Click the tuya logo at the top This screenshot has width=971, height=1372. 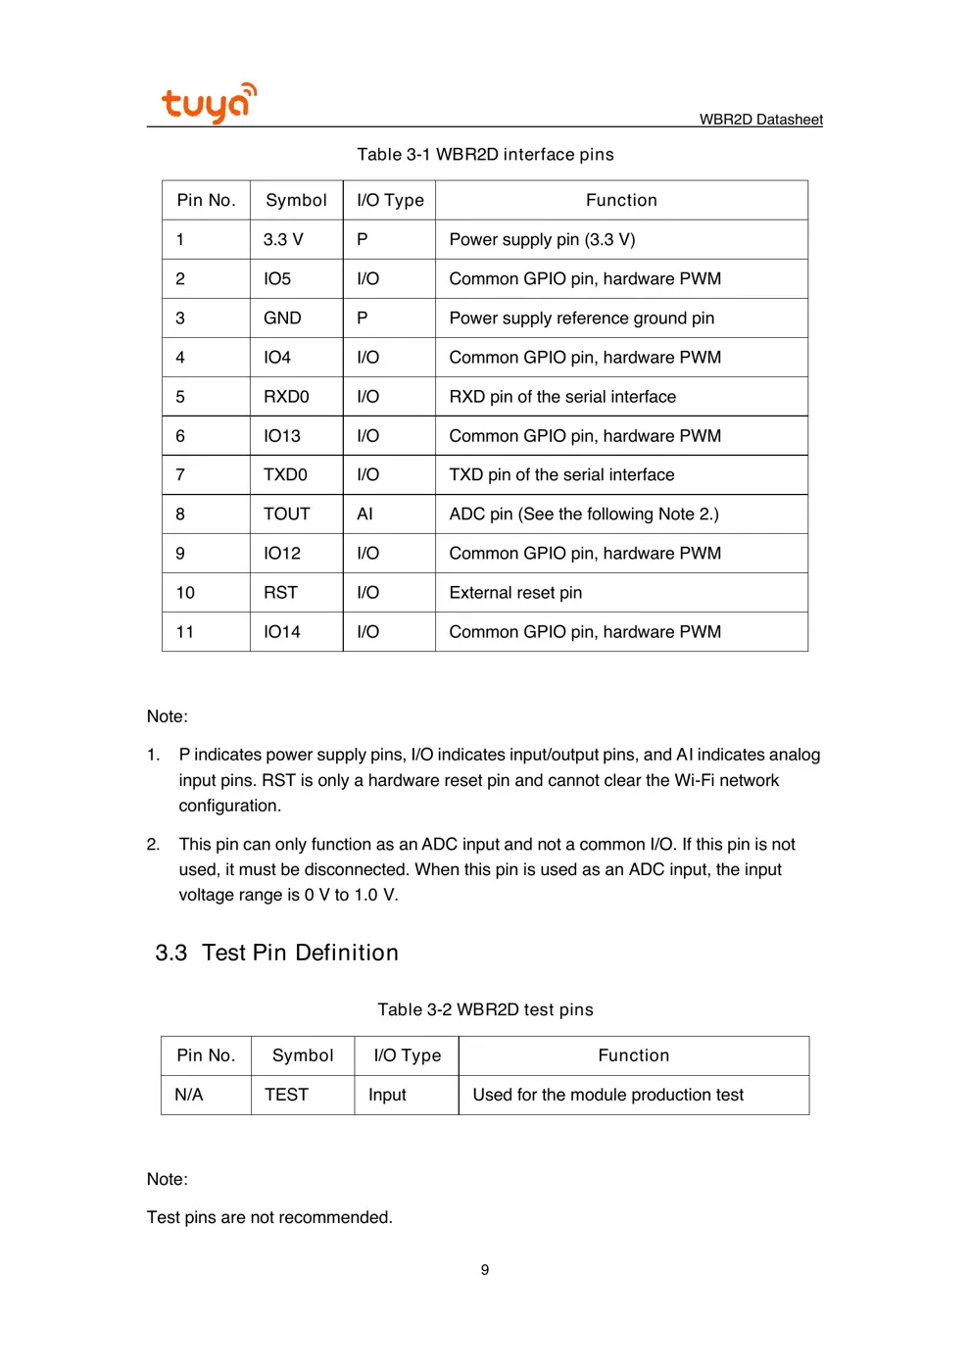coord(209,103)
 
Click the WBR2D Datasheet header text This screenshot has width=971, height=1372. coord(760,120)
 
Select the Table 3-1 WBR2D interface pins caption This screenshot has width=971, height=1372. coord(485,155)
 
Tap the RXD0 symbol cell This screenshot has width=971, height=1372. coord(286,397)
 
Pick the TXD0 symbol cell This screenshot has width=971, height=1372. coord(285,475)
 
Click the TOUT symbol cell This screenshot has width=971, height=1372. coord(286,514)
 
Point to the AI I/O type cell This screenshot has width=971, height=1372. coord(364,514)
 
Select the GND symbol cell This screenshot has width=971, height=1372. coord(282,318)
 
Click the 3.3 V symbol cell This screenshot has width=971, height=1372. coord(283,240)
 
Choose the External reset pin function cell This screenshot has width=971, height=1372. coord(515,593)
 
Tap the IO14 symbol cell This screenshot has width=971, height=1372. coord(282,632)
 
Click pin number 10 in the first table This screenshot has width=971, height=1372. coord(185,593)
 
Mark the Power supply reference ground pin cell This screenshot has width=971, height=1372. coord(581,318)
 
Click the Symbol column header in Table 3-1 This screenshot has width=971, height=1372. coord(296,201)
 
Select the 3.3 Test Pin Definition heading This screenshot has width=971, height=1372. coord(276,953)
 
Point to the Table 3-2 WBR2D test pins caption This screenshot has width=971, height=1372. coord(485,1009)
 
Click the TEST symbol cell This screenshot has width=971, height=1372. coord(286,1095)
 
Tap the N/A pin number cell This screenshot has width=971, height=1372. coord(188,1095)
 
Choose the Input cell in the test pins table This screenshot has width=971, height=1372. coord(387,1095)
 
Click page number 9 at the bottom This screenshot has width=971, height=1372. coord(485,1270)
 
